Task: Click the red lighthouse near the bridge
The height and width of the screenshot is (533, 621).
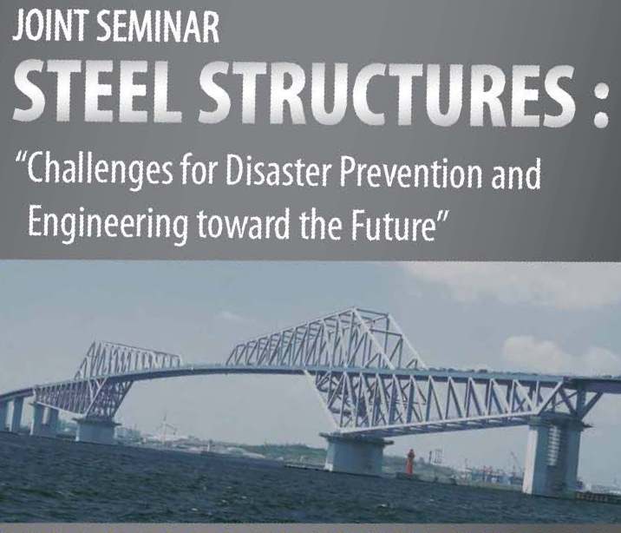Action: pyautogui.click(x=409, y=463)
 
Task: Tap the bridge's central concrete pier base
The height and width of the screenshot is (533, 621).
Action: pyautogui.click(x=356, y=453)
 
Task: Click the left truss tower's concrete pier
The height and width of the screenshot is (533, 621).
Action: pyautogui.click(x=97, y=429)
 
